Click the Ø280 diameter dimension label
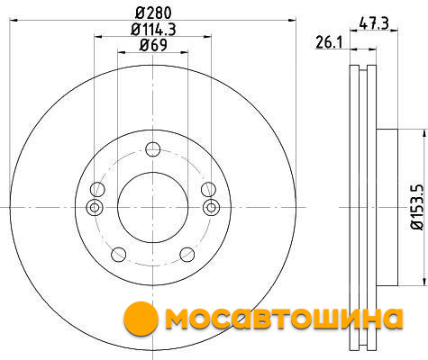pos(153,13)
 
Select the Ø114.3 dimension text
pos(153,29)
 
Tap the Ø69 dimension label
pos(153,45)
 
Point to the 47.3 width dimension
pos(374,23)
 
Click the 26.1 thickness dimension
pos(329,42)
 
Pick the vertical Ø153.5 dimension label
pos(417,207)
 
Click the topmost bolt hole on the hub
pos(153,149)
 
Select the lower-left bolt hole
pos(118,255)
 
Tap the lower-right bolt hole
pos(187,255)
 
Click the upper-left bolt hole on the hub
pos(97,189)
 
